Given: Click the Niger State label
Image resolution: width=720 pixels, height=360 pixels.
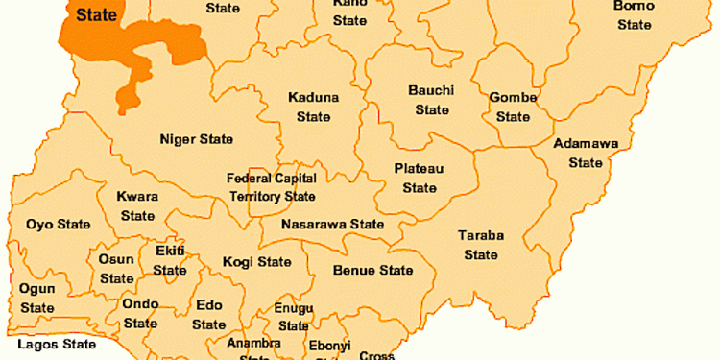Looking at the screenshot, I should coord(196,139).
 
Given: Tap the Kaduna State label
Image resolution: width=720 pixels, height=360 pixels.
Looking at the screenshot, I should coord(313,107).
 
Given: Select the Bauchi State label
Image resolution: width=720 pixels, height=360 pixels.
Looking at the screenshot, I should coord(431,100).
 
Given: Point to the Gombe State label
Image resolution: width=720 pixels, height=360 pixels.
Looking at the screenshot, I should coord(512,107).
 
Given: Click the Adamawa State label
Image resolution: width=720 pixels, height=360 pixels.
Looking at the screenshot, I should coord(586,153).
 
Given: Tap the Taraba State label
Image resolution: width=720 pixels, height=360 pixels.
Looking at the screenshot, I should coord(480,245).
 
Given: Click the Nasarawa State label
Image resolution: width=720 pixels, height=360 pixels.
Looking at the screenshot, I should coord(332,225).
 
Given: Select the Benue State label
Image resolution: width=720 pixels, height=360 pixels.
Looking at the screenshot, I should coord(372,271).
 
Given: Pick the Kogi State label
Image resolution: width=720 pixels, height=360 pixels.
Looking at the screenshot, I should coord(256,261).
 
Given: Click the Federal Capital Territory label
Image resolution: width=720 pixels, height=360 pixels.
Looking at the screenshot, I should coord(271,187).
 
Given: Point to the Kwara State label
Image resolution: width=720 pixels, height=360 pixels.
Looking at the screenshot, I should coord(137,205).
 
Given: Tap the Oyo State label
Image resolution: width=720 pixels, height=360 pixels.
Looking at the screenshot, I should coord(58,225).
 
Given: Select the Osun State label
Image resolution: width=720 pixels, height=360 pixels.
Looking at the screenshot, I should coord(117,269).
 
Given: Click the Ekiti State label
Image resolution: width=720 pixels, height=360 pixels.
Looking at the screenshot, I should coord(170,260).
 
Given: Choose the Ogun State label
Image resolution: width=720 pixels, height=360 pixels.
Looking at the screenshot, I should coord(37,298).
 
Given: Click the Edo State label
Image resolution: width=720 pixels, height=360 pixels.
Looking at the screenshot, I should coord(209,315).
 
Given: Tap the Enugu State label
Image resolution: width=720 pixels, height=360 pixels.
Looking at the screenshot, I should coord(293,316).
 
